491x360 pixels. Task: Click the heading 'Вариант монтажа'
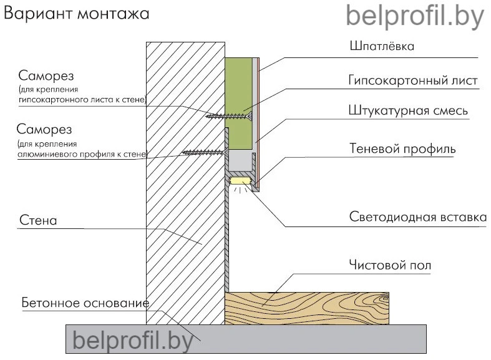[x=77, y=14]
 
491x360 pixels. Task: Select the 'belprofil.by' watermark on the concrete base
[x=133, y=341]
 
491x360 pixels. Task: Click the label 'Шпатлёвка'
[x=381, y=47]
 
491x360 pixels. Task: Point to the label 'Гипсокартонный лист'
[x=412, y=81]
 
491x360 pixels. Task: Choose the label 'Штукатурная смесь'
[x=408, y=111]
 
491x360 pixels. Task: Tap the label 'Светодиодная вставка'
[x=417, y=218]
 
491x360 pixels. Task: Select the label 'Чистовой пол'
[x=390, y=266]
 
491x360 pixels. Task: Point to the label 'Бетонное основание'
[x=85, y=303]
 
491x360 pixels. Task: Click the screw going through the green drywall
[x=231, y=115]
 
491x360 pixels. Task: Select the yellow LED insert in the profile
[x=240, y=181]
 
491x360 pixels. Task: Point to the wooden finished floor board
[x=306, y=308]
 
